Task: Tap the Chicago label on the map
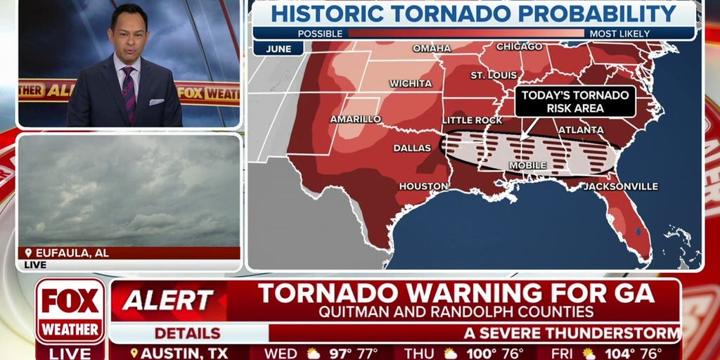click(519, 46)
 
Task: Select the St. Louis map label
click(489, 75)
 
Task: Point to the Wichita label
click(411, 83)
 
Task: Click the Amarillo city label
click(356, 119)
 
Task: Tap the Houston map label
click(423, 186)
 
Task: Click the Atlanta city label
click(581, 130)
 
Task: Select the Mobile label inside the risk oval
click(527, 165)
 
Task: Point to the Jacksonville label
click(621, 186)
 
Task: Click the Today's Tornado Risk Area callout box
click(575, 102)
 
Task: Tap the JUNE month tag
click(278, 49)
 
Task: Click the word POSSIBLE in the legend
click(320, 33)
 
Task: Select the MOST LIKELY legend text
click(620, 33)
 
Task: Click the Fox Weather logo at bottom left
click(70, 311)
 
